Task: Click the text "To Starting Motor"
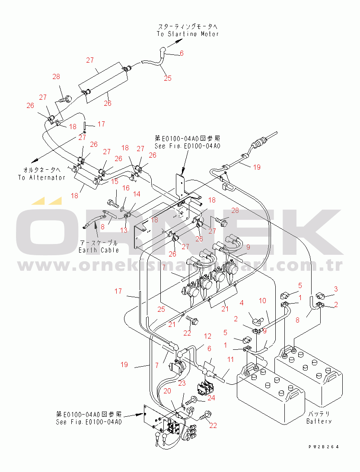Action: [x=188, y=34]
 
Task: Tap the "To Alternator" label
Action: [x=42, y=177]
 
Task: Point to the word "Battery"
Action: [x=319, y=421]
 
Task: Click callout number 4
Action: [x=242, y=303]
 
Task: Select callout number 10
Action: [x=262, y=300]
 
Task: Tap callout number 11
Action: [x=230, y=359]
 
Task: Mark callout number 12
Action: [x=207, y=336]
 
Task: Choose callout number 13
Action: [x=124, y=230]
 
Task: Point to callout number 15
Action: [x=115, y=181]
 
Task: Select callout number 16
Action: [x=126, y=188]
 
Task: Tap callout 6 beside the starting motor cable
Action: [x=182, y=53]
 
